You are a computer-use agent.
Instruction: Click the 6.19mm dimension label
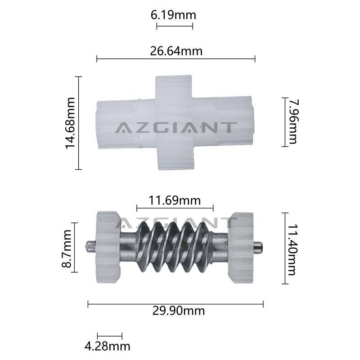173,15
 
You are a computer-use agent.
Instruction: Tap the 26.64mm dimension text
176,51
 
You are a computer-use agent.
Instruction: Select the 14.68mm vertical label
70,123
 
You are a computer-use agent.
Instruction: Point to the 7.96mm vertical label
293,121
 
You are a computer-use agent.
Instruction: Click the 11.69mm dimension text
175,200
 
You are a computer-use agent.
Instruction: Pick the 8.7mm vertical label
67,248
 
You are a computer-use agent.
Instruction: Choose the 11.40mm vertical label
292,249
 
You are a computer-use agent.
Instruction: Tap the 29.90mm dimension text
178,311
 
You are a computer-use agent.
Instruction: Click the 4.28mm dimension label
107,346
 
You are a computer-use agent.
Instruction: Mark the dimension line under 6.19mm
175,26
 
